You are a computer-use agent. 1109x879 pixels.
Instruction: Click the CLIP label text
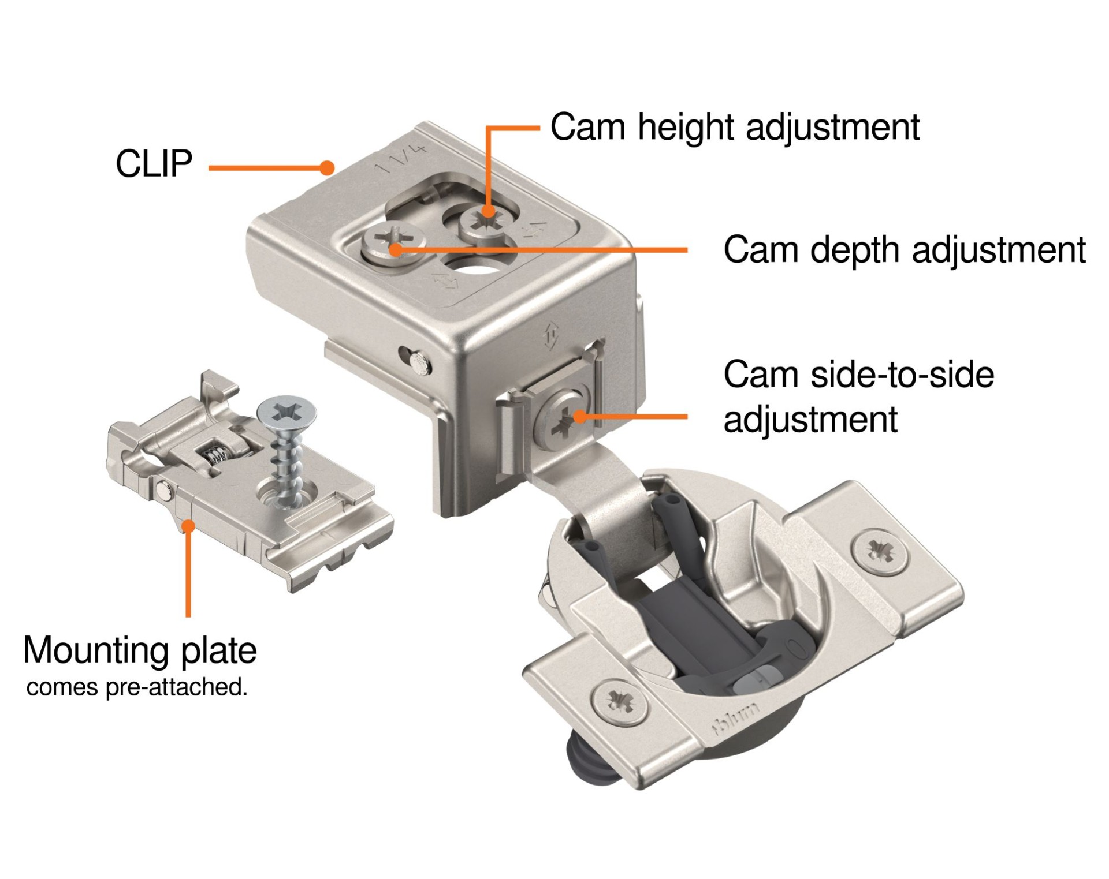154,164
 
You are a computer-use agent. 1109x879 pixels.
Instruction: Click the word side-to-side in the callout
902,375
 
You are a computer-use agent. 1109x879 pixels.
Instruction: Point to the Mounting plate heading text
140,650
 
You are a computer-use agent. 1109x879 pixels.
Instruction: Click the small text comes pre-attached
137,687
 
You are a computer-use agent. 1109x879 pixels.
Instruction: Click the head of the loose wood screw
287,412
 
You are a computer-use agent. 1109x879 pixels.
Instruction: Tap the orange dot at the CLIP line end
327,168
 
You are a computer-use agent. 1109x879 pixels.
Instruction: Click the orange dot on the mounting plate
188,526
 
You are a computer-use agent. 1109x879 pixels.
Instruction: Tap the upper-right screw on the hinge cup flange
879,549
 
